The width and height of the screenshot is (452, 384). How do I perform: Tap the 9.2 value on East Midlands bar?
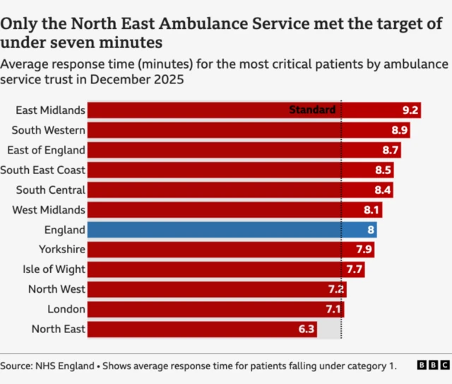coord(410,110)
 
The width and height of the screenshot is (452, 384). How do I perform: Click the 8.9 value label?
coord(400,130)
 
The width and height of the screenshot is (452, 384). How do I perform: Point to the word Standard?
coord(312,110)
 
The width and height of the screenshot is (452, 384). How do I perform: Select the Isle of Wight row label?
coord(54,269)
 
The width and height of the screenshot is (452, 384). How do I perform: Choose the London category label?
coord(66,309)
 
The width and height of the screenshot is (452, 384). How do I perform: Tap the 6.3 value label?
coord(307,329)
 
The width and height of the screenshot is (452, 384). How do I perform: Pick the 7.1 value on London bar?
coord(334,309)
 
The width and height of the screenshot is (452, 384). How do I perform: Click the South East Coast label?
coord(43,170)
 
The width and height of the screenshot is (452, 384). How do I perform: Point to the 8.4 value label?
coord(383,190)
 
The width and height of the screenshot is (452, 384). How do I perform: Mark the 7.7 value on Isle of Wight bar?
coord(354,269)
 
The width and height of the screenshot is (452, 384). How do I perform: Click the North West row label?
coord(57,289)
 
